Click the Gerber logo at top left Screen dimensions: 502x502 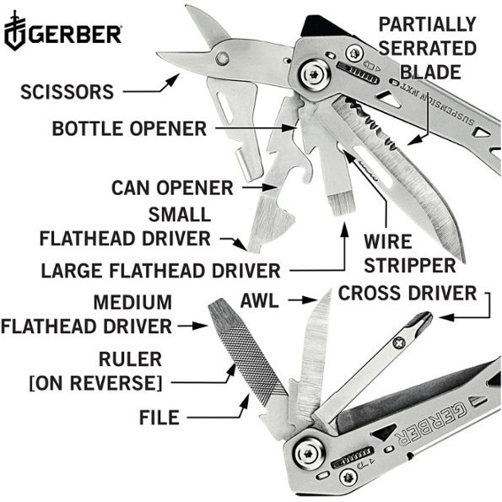pos(62,35)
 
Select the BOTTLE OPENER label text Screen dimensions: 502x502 pos(128,129)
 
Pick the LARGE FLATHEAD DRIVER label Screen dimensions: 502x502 pos(159,271)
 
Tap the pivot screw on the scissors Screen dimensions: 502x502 pos(223,57)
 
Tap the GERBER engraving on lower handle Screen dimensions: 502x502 pos(422,422)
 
